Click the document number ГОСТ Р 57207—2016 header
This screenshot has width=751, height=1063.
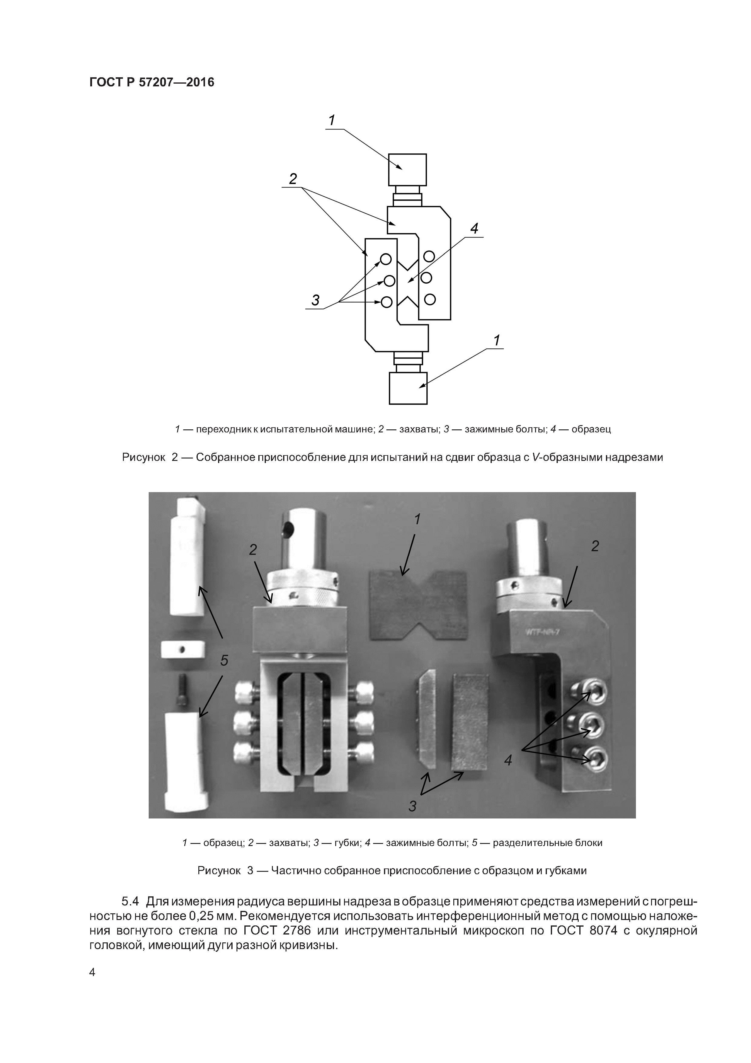(x=151, y=82)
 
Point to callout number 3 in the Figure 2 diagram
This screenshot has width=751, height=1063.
(x=315, y=301)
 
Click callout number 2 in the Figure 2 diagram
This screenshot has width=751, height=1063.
(x=293, y=179)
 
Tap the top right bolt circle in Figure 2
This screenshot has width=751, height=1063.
(x=429, y=256)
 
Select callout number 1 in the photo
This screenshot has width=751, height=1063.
(x=417, y=520)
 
